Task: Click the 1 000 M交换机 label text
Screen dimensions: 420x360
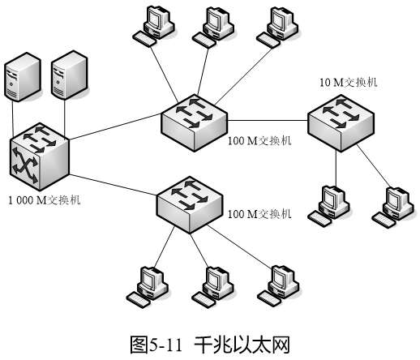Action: coord(45,200)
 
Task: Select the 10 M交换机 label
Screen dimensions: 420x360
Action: coord(349,82)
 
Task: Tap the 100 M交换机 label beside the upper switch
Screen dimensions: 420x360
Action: coord(259,141)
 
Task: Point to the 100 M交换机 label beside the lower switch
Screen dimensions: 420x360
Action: coord(259,214)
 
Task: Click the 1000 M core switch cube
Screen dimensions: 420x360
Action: coord(40,156)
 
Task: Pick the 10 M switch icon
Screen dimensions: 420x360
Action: coord(341,122)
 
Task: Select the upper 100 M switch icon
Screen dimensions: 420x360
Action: coord(194,122)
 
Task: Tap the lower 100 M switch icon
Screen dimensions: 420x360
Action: coord(190,204)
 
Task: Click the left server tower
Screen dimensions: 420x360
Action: coord(23,77)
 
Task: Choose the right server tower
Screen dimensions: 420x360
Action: coord(70,75)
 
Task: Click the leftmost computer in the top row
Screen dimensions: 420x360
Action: coord(153,26)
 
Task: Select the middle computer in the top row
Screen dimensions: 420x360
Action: coord(213,28)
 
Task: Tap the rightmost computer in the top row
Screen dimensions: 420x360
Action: coord(277,28)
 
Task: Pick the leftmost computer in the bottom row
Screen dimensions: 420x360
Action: coord(148,287)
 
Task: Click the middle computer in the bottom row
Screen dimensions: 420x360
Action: coord(212,287)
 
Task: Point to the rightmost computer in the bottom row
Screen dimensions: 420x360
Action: coord(278,286)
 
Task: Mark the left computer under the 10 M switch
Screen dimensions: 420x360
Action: coord(329,206)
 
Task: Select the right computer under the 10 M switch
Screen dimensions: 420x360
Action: coord(393,207)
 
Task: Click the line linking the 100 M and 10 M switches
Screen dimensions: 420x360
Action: coord(268,120)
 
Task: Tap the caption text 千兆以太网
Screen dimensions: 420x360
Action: coord(242,345)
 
